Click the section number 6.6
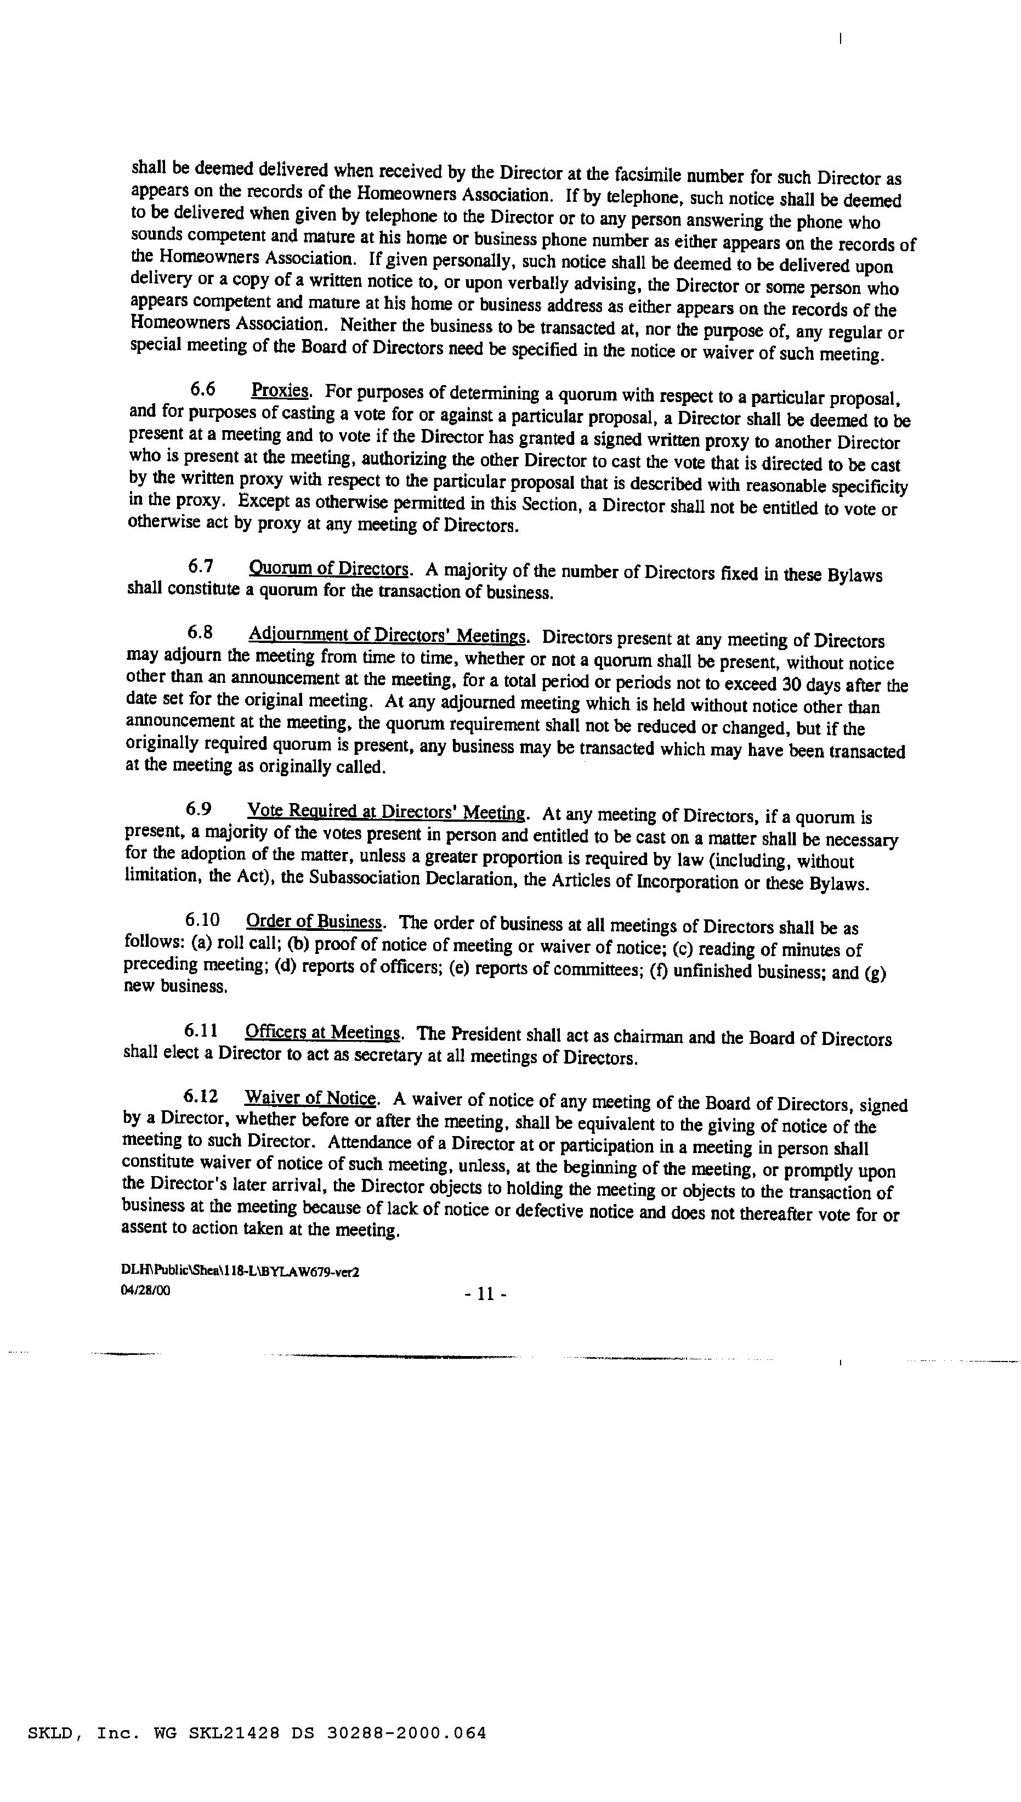click(x=203, y=389)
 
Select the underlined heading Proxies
click(x=280, y=390)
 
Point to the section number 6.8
click(x=200, y=632)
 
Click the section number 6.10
click(x=202, y=919)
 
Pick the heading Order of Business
click(x=314, y=921)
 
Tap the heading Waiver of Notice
click(x=310, y=1098)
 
